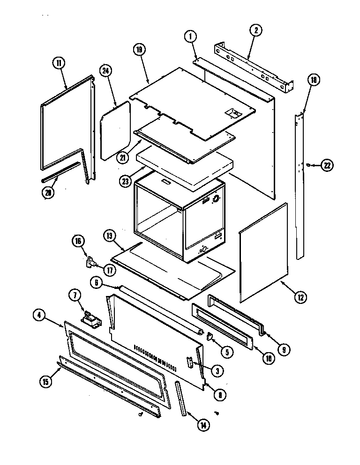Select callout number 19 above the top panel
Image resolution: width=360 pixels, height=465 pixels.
tap(140, 49)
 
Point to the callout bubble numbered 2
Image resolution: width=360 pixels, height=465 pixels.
tap(255, 31)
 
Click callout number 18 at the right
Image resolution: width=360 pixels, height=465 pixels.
tap(314, 81)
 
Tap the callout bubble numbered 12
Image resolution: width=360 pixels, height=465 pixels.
tap(299, 296)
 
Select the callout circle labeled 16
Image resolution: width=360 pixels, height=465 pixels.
tap(78, 241)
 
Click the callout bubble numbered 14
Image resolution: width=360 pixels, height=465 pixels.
tap(203, 425)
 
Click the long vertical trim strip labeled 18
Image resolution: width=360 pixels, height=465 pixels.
tap(300, 187)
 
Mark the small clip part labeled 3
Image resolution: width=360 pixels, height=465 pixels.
tap(190, 363)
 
